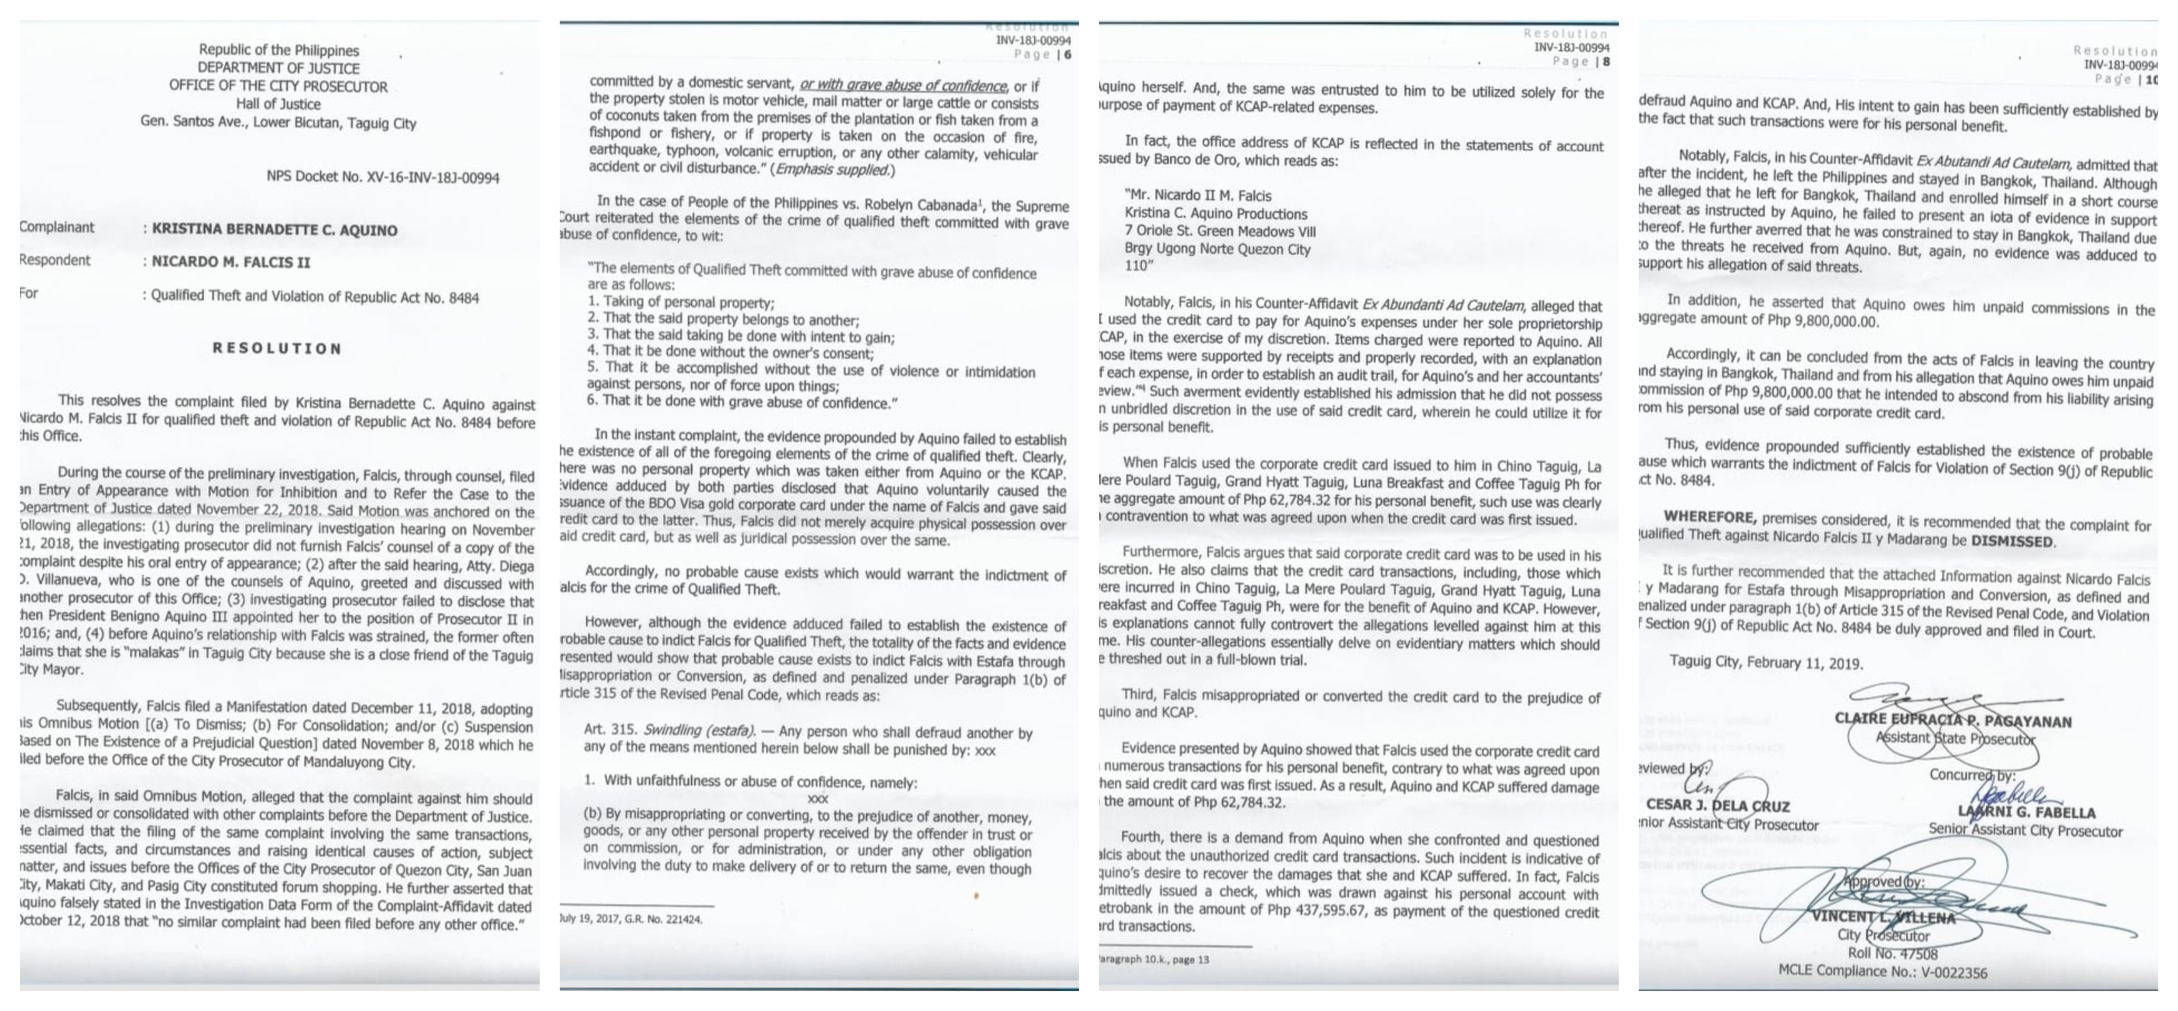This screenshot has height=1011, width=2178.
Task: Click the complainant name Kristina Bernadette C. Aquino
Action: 274,230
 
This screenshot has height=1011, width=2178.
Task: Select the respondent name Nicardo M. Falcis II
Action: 231,262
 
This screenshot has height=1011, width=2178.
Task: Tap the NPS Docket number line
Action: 382,178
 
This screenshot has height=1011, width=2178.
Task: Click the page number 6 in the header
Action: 1068,55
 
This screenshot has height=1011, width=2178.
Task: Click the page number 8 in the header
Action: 1605,61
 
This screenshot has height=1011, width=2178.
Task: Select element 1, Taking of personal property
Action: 681,302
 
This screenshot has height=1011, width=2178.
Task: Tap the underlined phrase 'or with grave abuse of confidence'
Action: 903,85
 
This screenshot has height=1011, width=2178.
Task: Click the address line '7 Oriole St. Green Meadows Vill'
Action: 1219,231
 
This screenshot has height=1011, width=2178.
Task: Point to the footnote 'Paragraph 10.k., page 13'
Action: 1154,960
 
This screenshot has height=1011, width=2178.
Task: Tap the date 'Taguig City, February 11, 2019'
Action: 1766,663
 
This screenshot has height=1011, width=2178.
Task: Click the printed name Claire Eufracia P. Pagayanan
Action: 1952,721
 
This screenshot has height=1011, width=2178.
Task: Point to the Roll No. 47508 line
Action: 1892,954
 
